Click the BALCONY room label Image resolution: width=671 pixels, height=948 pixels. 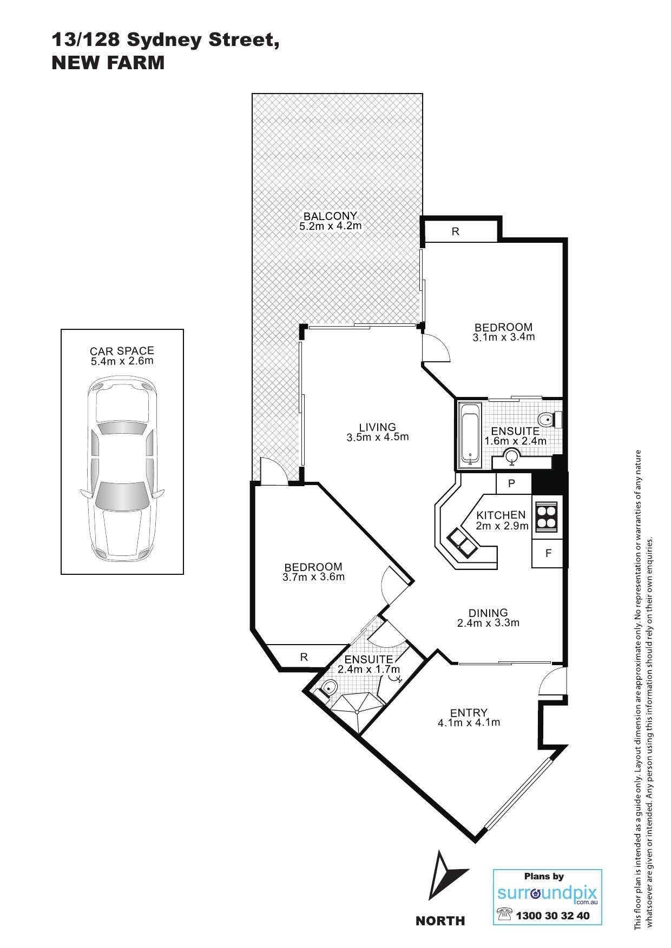pos(330,216)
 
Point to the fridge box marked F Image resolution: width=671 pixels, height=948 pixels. pos(549,553)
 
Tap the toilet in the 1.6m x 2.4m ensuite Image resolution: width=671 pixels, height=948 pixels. pos(550,419)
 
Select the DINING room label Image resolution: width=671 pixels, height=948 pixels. pos(488,613)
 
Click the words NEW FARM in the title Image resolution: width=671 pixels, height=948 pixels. pos(108,63)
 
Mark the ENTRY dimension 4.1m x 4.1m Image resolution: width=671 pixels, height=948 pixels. pos(469,722)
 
